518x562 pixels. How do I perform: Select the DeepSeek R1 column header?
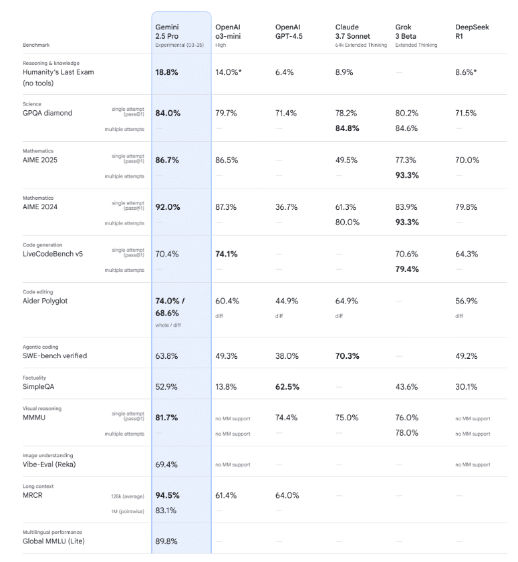(472, 31)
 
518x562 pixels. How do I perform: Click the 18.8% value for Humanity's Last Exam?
(166, 72)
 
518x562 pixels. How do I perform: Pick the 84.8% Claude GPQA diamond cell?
(348, 128)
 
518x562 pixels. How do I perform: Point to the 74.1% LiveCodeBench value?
(227, 254)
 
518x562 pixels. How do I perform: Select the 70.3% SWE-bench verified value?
(347, 356)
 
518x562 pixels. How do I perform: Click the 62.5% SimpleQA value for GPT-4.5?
(287, 387)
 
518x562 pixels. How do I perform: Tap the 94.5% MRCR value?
(167, 495)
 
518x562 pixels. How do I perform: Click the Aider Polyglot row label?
(45, 301)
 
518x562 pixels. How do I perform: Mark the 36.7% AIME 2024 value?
(287, 207)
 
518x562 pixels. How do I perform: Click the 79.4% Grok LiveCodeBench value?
(407, 270)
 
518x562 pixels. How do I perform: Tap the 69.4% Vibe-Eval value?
(166, 464)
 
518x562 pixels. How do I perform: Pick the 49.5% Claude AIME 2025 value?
(346, 160)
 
